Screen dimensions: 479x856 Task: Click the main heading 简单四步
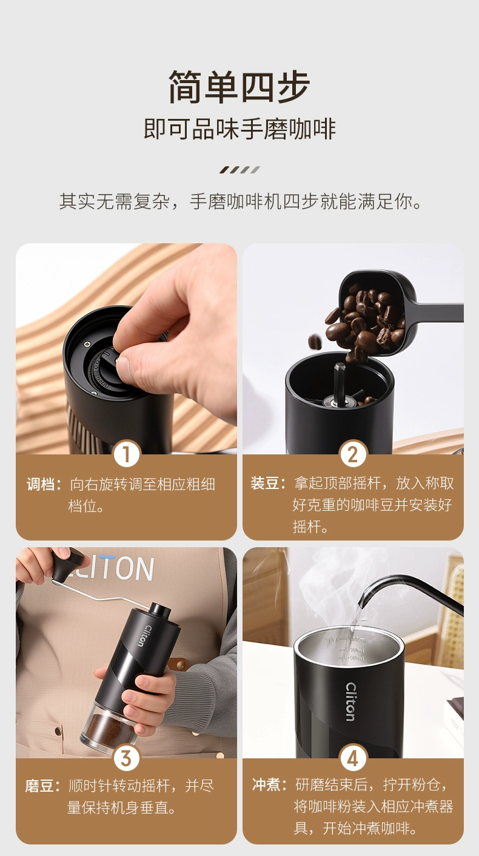[x=239, y=87]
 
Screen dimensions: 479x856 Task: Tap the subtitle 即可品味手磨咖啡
[x=239, y=129]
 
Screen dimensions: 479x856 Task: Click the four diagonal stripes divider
[x=239, y=170]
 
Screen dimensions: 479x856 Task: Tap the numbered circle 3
[x=127, y=758]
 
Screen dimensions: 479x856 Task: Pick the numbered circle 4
[x=353, y=758]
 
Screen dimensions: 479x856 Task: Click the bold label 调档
[x=41, y=484]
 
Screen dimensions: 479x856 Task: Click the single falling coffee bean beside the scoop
[x=315, y=342]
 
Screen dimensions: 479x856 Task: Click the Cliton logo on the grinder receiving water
[x=350, y=702]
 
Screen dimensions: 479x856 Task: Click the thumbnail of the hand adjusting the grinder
[x=126, y=348]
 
